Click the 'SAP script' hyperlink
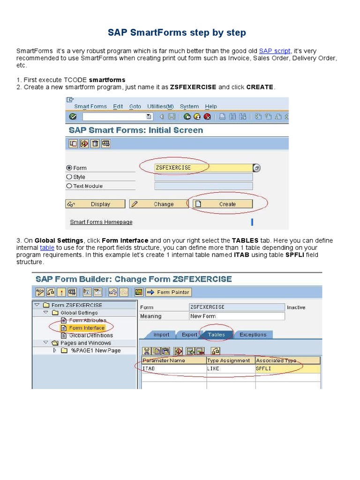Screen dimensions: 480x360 pos(275,51)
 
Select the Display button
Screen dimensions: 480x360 pos(96,204)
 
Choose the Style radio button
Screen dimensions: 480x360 pos(69,177)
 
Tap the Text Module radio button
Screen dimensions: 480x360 pos(69,186)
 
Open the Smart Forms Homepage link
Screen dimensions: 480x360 pos(101,222)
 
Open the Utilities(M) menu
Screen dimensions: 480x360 pos(160,106)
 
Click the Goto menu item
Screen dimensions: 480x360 pos(135,106)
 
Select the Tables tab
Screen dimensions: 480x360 pos(216,335)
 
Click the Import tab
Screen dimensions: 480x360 pos(161,335)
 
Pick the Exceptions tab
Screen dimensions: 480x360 pos(253,335)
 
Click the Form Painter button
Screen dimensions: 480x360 pos(168,292)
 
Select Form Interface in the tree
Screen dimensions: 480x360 pos(87,328)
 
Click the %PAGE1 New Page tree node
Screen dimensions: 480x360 pos(96,350)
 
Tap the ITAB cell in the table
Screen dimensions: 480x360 pos(173,369)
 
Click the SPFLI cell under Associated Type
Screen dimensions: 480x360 pos(287,369)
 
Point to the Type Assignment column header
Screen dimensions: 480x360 pos(230,360)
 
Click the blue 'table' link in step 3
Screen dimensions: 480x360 pos(47,247)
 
